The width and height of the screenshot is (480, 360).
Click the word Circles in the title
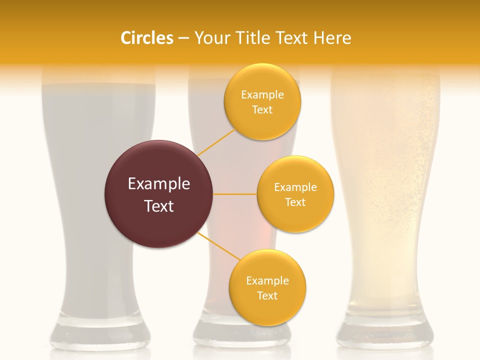point(146,38)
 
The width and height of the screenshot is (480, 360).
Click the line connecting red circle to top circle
point(216,142)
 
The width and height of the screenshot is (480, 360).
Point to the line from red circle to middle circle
point(235,194)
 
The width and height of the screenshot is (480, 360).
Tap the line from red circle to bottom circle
point(219,247)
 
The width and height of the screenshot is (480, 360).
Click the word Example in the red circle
point(158,184)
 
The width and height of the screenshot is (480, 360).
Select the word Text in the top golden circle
point(262,110)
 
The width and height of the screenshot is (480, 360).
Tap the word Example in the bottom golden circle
point(267,280)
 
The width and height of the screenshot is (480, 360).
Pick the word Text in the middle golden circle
point(295,202)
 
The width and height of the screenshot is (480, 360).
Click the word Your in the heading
point(208,38)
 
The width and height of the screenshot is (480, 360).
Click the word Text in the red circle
point(158,206)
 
